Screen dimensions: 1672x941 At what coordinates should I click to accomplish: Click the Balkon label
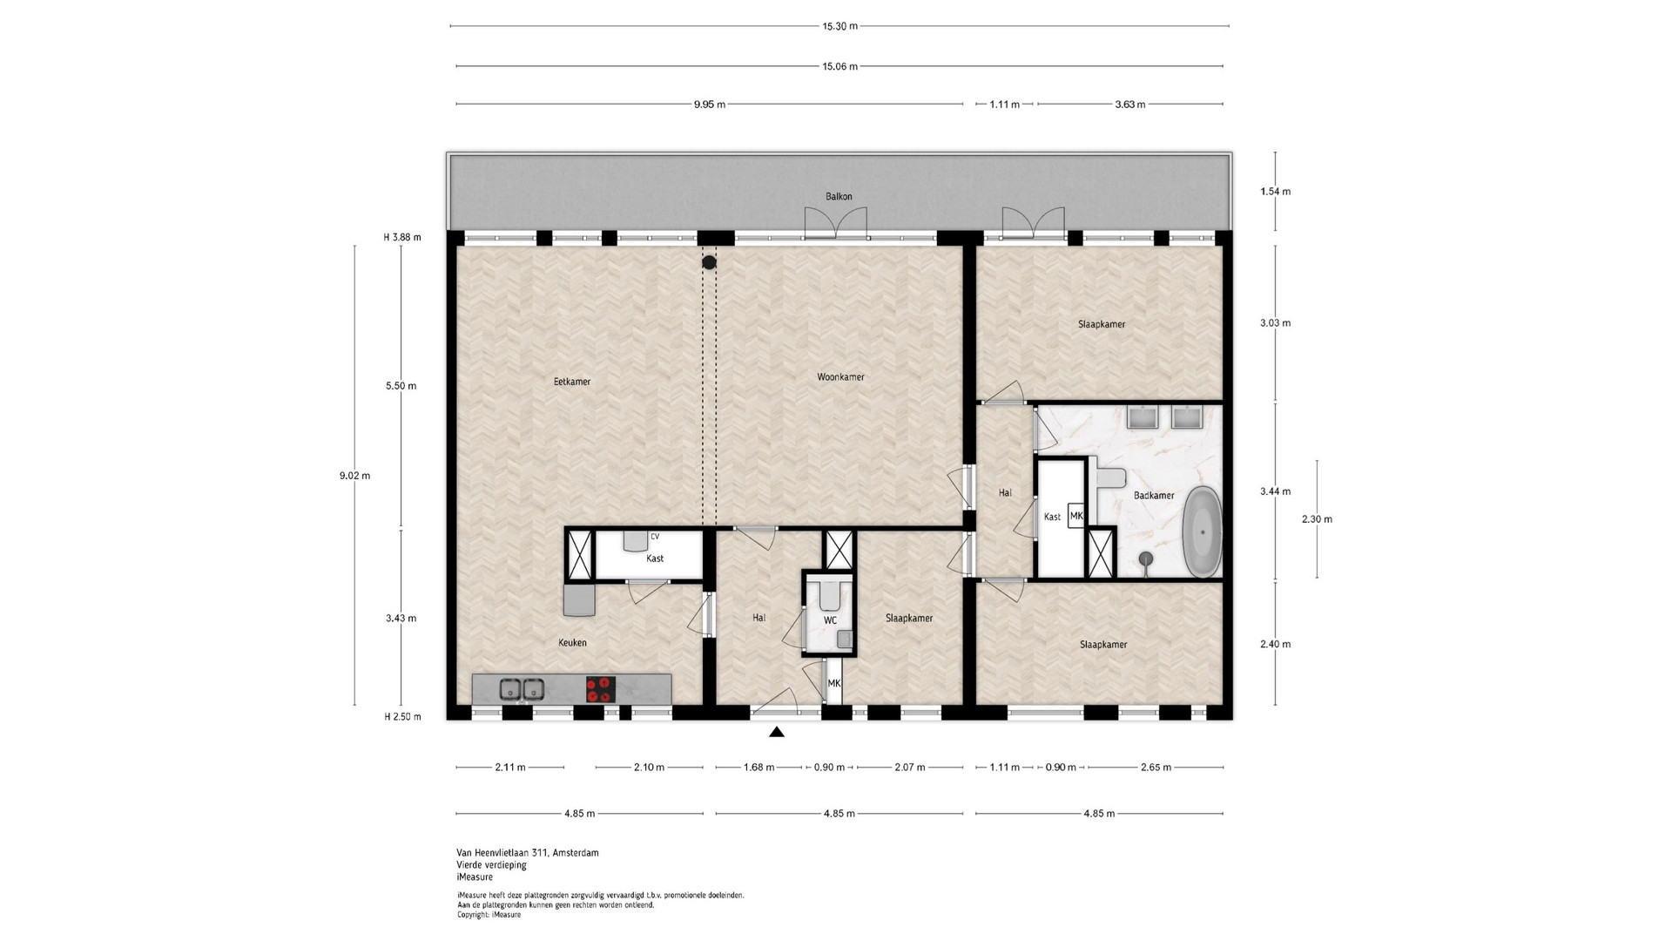coord(839,197)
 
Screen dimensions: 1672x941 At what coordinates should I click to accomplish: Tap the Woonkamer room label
coord(840,377)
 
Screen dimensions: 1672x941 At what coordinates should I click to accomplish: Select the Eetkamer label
coord(572,382)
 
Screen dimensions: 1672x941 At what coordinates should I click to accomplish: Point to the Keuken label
coord(572,643)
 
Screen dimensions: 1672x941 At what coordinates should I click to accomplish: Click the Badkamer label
coord(1154,496)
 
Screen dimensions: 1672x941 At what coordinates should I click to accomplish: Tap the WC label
coord(830,620)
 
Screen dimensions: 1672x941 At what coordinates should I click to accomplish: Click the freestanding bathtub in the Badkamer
coord(1204,531)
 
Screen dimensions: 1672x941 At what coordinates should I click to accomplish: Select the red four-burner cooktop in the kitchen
coord(600,689)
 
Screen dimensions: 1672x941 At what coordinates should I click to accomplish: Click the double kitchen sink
coord(522,689)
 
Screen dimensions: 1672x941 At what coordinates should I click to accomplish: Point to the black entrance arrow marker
coord(777,733)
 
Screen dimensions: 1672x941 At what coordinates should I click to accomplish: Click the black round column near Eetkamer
coord(710,261)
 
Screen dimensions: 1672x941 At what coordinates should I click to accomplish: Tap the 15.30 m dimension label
coord(839,26)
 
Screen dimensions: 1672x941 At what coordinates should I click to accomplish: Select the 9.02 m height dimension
coord(354,476)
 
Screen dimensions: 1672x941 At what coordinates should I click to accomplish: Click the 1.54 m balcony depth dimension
coord(1276,192)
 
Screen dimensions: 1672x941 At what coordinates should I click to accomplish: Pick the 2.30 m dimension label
coord(1317,519)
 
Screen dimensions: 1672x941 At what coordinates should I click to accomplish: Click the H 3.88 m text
coord(402,237)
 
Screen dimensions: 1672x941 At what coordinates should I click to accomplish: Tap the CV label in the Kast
coord(655,537)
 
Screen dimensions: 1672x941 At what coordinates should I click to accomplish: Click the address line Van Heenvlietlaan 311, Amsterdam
coord(528,853)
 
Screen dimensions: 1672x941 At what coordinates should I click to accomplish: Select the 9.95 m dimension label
coord(709,105)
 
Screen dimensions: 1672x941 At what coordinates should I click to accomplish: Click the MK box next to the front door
coord(834,684)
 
